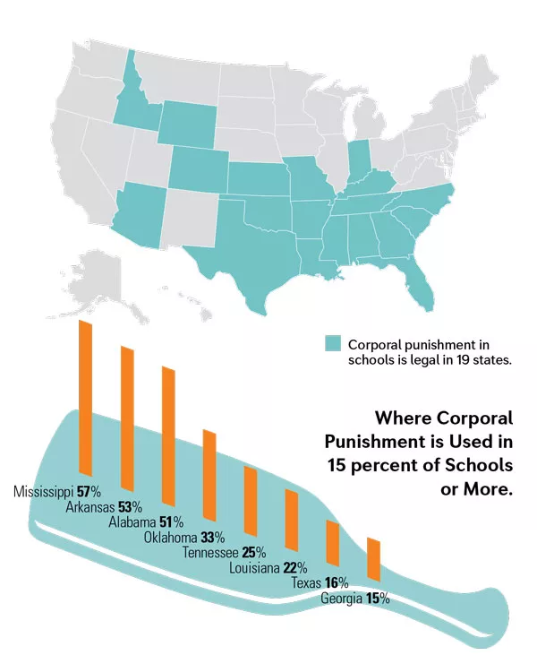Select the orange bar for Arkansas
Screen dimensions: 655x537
tap(128, 425)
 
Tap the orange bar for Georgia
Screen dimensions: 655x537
tap(374, 561)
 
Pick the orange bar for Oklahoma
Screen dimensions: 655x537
tap(209, 476)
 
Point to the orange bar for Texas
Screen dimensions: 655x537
tap(332, 544)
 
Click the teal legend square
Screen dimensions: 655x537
tap(333, 343)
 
